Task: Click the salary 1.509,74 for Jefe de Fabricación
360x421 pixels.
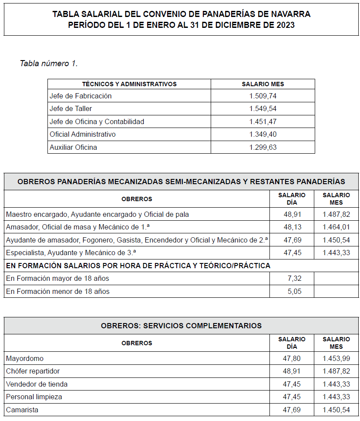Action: point(263,96)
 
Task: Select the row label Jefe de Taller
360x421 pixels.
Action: point(71,108)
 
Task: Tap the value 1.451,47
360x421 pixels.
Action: point(263,121)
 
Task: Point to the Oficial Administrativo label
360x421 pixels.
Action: point(83,134)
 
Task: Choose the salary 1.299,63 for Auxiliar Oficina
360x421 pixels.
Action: point(263,147)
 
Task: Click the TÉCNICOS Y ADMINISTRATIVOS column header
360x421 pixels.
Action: point(129,84)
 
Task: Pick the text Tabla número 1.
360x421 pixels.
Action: point(49,63)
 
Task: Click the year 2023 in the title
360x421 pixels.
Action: point(285,25)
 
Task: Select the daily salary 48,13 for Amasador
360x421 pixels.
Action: point(292,227)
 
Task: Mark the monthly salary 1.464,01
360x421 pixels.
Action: point(336,227)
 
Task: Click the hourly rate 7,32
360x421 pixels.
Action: point(294,278)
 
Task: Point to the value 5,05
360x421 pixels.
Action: point(294,291)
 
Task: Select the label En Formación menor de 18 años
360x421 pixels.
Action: point(57,291)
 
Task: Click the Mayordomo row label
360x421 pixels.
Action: point(25,358)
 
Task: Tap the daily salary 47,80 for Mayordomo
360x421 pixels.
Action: point(292,358)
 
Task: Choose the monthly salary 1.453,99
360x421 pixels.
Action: point(336,358)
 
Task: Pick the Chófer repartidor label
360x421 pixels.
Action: point(33,371)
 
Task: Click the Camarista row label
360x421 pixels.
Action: point(22,410)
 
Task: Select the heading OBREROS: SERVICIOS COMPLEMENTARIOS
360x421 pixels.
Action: point(181,325)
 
